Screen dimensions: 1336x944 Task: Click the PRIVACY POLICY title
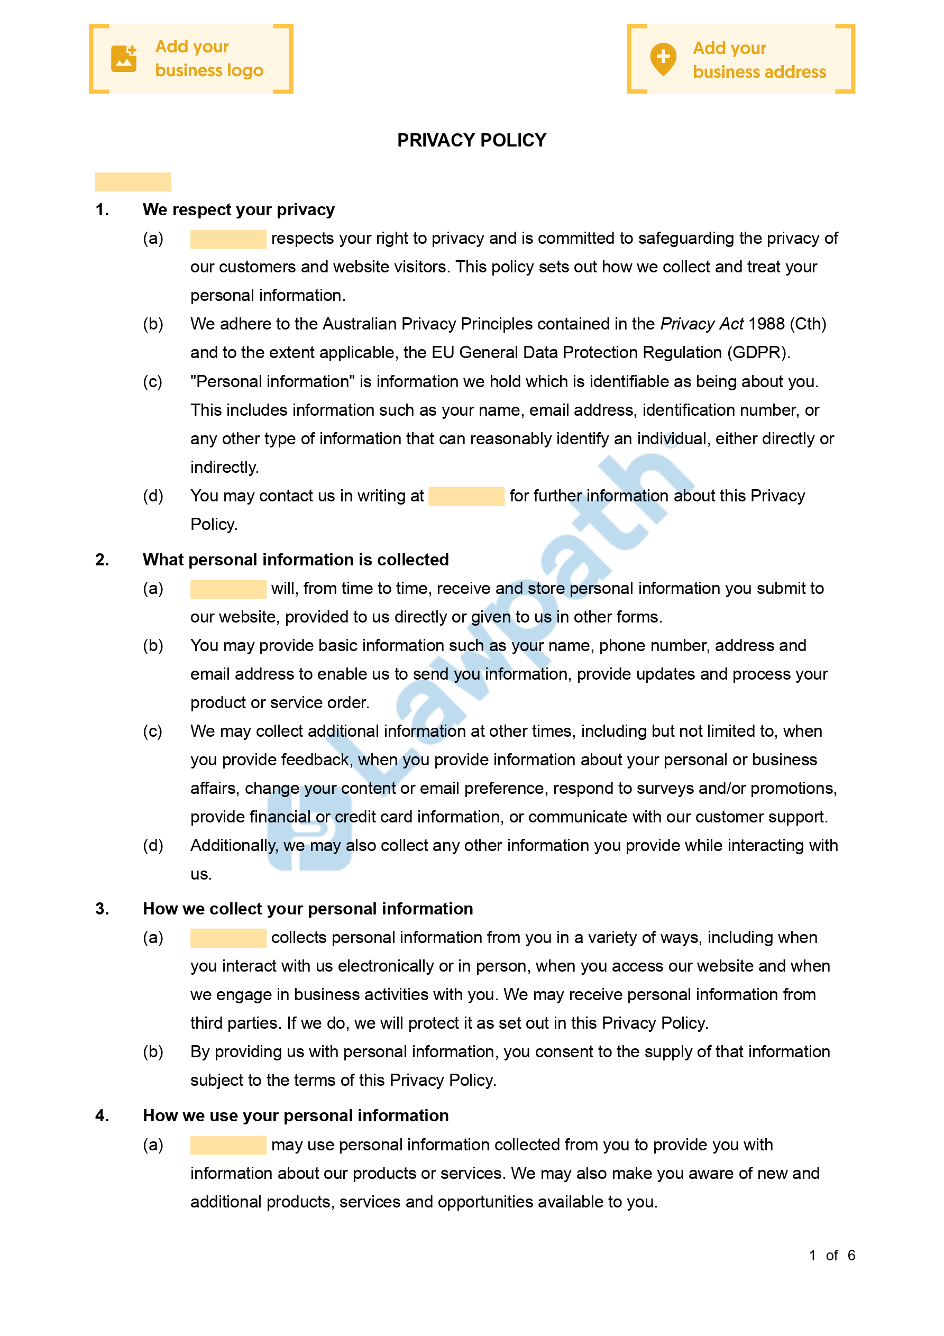coord(471,140)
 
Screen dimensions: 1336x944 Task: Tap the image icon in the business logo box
coord(124,59)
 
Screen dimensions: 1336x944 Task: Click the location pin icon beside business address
coord(663,59)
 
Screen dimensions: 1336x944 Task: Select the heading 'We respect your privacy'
coord(239,209)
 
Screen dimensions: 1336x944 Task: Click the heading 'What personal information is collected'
coord(296,560)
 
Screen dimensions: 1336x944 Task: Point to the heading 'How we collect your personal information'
coord(308,909)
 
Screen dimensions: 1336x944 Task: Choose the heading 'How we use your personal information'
coord(296,1115)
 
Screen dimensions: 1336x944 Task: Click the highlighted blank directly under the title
coord(133,182)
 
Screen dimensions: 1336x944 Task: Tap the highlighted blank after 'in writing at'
coord(466,496)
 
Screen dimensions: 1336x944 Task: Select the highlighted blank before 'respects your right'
coord(228,239)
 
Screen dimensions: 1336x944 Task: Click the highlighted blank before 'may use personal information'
coord(228,1145)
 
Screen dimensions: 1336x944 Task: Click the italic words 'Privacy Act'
coord(702,324)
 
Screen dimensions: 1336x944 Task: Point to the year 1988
coord(766,324)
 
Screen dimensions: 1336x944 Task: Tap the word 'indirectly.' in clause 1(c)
coord(225,467)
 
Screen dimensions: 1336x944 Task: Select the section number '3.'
coord(103,909)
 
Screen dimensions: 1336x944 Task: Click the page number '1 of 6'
coord(832,1255)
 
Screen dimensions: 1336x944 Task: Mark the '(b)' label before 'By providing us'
coord(153,1052)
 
